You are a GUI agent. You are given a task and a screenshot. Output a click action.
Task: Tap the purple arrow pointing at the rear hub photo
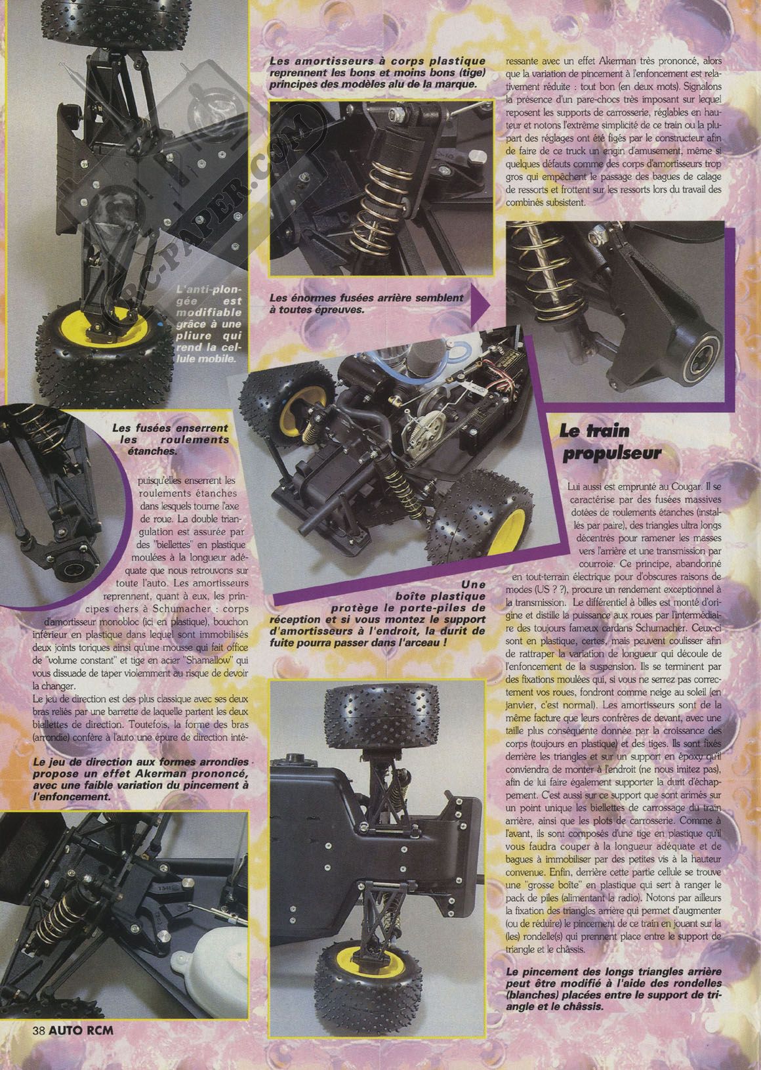pyautogui.click(x=480, y=306)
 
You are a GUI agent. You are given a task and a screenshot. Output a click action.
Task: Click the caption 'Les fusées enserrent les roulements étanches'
pyautogui.click(x=171, y=439)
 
